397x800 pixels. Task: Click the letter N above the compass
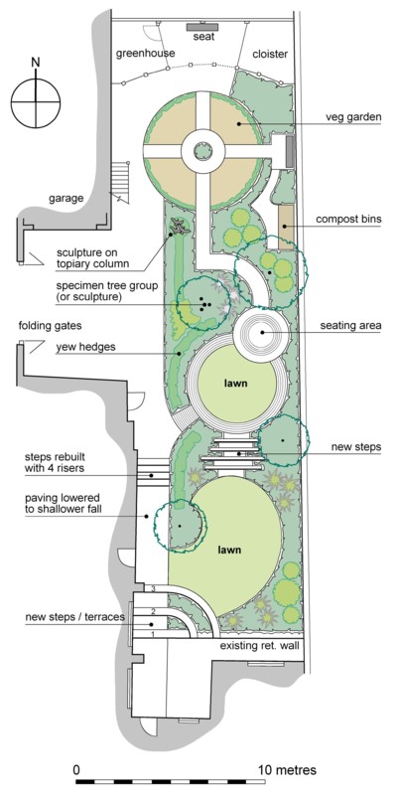click(36, 63)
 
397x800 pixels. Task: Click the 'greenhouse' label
click(145, 53)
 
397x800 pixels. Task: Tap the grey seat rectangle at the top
click(203, 27)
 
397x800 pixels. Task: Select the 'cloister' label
click(270, 54)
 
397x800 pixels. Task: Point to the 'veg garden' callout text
click(353, 117)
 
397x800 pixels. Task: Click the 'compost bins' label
click(348, 220)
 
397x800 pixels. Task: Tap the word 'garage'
click(66, 198)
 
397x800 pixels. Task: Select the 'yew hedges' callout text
click(85, 347)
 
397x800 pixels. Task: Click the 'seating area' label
click(350, 325)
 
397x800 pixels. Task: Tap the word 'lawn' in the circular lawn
click(236, 383)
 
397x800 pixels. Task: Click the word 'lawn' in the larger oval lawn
click(229, 550)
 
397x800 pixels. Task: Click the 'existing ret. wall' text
click(259, 646)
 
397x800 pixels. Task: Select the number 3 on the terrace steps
click(153, 588)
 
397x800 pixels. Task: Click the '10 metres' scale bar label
click(287, 769)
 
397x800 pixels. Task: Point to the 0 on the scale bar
click(76, 769)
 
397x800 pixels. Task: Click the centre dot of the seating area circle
click(262, 332)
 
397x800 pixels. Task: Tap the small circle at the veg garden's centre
click(202, 150)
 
